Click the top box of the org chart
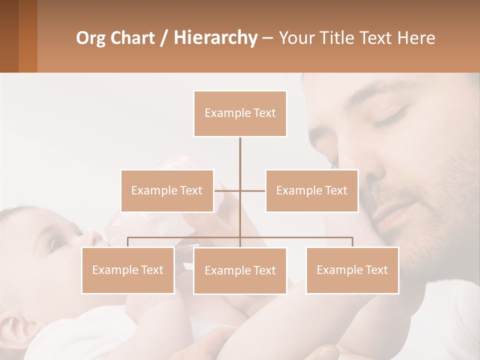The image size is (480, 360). [x=240, y=113]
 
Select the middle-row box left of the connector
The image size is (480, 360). [x=167, y=190]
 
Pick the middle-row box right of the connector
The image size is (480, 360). [x=311, y=190]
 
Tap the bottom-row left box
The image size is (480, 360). [x=128, y=270]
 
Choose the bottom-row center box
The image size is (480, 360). [x=240, y=270]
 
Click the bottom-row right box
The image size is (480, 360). [x=352, y=270]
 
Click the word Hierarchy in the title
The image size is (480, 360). [x=215, y=38]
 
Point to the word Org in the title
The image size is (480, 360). [x=90, y=38]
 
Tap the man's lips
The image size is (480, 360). [x=395, y=210]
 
